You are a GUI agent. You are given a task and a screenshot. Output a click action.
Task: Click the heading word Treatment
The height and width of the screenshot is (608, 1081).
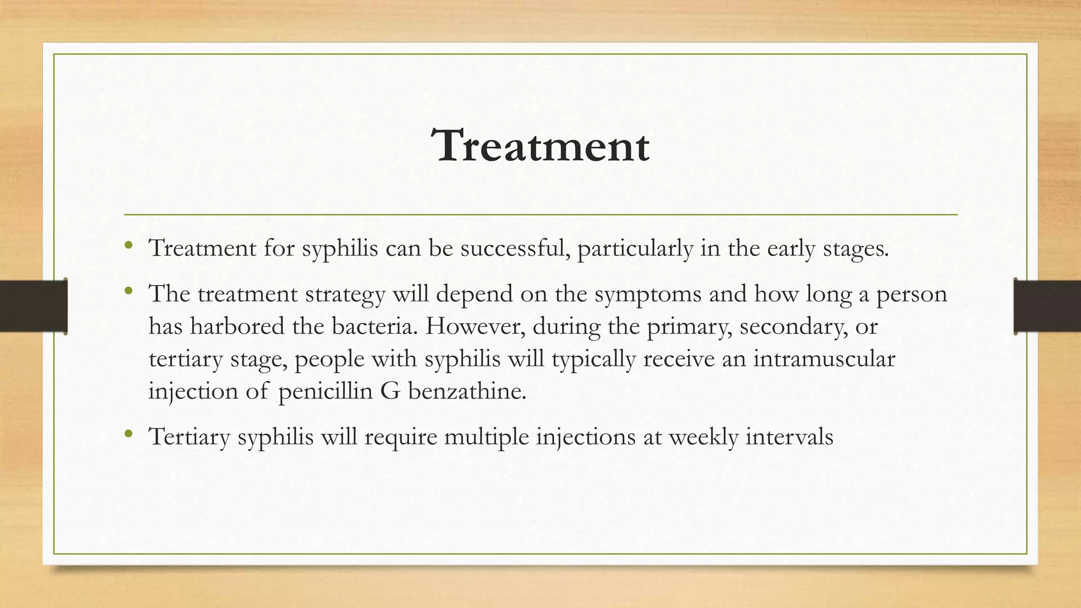pos(540,146)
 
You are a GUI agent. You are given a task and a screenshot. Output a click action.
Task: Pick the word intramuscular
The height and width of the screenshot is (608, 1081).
pos(824,359)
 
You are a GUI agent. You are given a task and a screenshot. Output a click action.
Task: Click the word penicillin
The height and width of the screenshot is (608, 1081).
pos(325,392)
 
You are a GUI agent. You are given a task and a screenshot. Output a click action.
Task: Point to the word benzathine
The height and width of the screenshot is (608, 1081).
pos(467,392)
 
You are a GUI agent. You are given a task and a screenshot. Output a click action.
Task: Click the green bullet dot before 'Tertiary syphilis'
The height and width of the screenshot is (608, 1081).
pos(128,434)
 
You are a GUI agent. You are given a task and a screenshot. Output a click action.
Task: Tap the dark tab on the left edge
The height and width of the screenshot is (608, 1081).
pos(33,306)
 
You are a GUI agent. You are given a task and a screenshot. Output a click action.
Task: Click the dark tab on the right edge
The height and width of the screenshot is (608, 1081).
pos(1047,306)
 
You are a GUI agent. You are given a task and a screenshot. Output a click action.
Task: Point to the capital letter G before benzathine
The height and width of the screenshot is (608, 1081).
pos(390,392)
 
